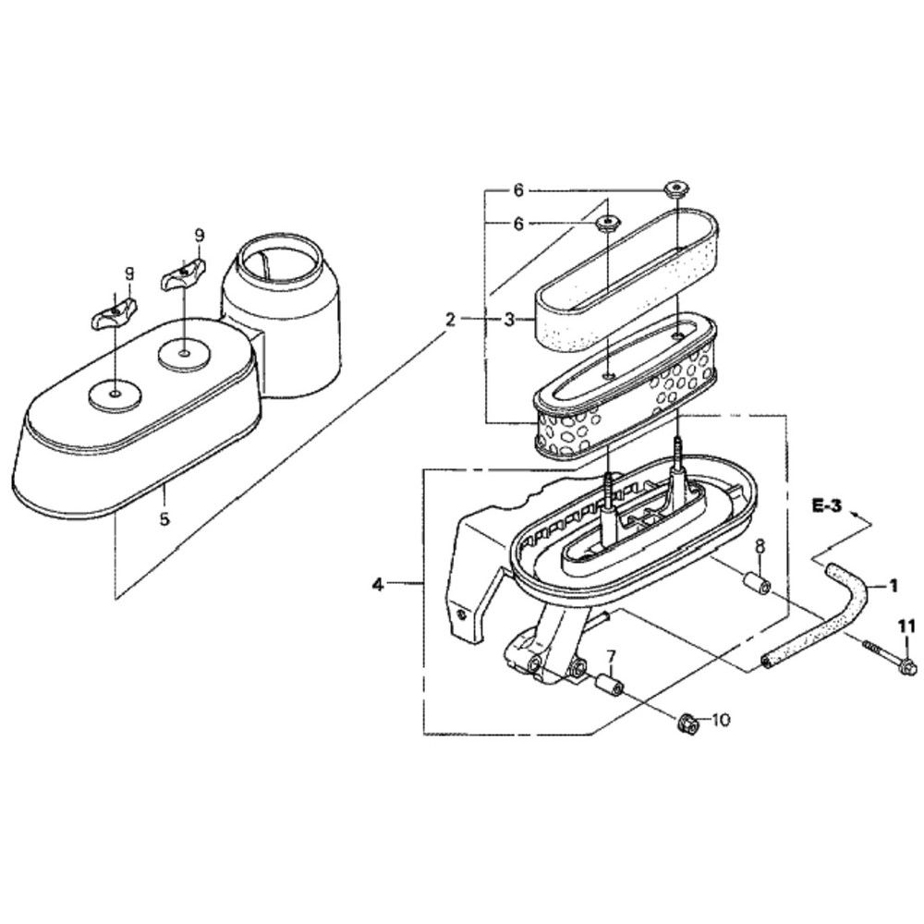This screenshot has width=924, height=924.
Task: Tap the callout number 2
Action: pyautogui.click(x=450, y=320)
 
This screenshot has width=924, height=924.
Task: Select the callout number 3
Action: pyautogui.click(x=509, y=320)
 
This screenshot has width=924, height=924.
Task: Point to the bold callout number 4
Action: pyautogui.click(x=378, y=585)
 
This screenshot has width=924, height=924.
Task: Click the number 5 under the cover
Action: pyautogui.click(x=164, y=518)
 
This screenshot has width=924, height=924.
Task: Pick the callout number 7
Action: pyautogui.click(x=611, y=655)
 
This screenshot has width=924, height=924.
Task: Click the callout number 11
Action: pyautogui.click(x=907, y=626)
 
